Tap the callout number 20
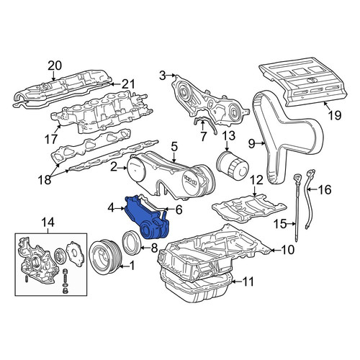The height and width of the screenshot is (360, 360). coord(55,66)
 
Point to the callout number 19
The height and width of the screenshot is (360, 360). coord(335,115)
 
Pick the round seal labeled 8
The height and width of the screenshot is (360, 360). coord(131,242)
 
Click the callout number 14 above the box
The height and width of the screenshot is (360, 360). coord(48,223)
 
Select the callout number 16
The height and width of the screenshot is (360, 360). coord(325,190)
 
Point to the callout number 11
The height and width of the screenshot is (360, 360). coord(248,282)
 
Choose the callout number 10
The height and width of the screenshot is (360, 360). coord(287,250)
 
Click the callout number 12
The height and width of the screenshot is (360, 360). coord(256,180)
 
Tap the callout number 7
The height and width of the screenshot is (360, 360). coord(203,136)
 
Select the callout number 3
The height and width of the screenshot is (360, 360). coord(163,76)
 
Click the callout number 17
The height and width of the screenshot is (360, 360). coord(51,139)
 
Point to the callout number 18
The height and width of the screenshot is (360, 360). coord(45,179)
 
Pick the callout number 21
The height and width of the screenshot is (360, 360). coord(128,84)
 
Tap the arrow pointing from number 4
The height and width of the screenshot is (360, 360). coord(120,209)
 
